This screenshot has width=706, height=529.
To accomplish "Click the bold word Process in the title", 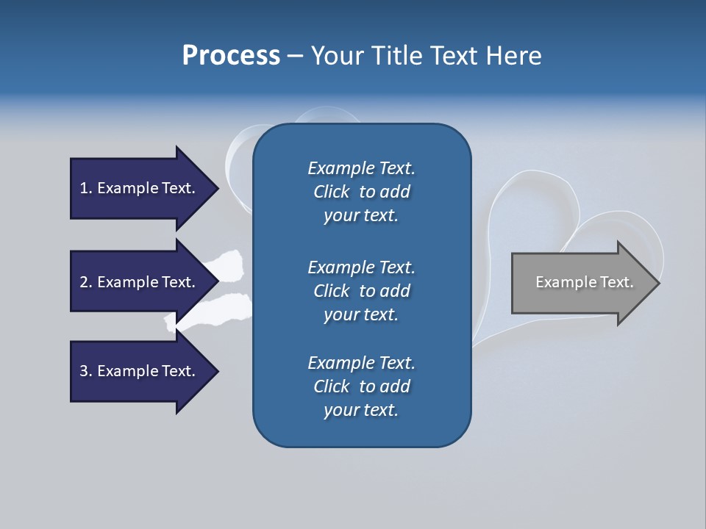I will [231, 55].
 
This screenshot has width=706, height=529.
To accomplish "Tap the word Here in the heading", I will [513, 55].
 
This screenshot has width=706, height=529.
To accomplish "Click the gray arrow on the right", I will [581, 283].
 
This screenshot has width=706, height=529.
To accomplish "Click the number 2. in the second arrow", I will [86, 282].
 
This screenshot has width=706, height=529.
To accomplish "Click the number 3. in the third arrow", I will [86, 371].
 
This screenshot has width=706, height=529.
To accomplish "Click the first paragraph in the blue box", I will [361, 192].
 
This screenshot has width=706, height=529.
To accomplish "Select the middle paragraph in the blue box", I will [361, 290].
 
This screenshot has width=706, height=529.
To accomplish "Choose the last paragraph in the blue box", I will [361, 386].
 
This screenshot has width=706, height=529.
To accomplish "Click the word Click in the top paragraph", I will [331, 192].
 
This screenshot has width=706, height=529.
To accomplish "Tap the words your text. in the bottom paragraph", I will [361, 410].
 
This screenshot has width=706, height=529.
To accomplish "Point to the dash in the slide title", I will [294, 56].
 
